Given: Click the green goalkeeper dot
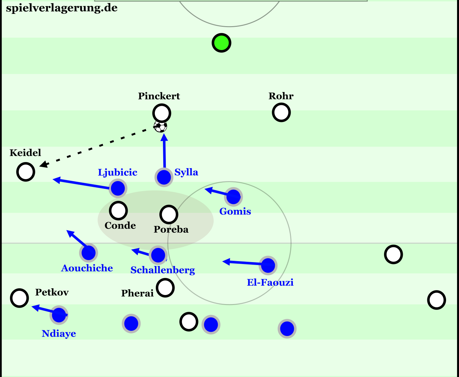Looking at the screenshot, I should (221, 43).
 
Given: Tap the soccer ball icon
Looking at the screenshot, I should (160, 126).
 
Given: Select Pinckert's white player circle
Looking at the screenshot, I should (162, 113).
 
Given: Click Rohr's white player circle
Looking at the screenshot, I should (281, 112).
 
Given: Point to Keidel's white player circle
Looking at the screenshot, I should (26, 172).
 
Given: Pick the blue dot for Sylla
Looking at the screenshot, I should (164, 177).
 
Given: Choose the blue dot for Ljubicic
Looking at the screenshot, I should (118, 188).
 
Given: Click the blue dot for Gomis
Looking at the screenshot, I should (233, 196).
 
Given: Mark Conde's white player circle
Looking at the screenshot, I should (118, 210).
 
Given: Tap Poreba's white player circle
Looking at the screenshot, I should (168, 214).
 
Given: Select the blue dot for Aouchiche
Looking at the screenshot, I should (88, 252).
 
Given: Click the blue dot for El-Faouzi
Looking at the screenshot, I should (268, 265).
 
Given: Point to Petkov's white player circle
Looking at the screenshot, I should (19, 298).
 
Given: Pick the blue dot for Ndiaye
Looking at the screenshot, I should (59, 315).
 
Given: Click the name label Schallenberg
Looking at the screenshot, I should (163, 270).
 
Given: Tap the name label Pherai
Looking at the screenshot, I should (137, 293).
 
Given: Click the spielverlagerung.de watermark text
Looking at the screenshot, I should (62, 8).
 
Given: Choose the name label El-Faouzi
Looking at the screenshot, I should (270, 282).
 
